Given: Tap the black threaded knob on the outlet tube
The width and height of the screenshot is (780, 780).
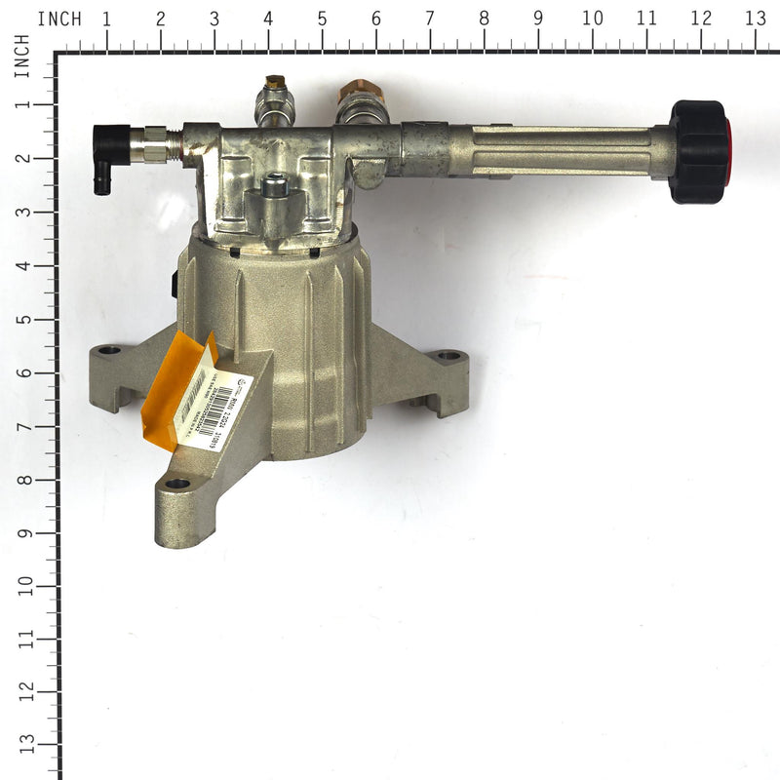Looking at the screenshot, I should [697, 151].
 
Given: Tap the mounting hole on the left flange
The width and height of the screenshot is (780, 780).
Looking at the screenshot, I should [109, 349].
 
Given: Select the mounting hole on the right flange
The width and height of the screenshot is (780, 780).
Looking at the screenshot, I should [447, 355].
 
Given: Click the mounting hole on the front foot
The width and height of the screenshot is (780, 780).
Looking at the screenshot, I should [176, 483].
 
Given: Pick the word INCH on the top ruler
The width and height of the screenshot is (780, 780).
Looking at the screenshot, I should [59, 19].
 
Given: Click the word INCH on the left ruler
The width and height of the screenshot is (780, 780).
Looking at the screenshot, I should [21, 56].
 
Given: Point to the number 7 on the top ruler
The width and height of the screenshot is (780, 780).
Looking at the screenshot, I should [430, 19].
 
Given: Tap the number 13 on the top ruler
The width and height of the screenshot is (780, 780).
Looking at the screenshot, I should [755, 19].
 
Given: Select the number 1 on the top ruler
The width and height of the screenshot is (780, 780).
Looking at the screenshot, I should [106, 19].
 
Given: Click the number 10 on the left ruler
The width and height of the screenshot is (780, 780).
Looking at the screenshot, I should [21, 585].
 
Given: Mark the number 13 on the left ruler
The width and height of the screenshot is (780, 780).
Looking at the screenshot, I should [21, 746].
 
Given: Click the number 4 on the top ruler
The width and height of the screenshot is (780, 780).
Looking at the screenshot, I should [268, 19].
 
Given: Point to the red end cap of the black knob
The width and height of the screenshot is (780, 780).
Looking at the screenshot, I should [727, 151].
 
